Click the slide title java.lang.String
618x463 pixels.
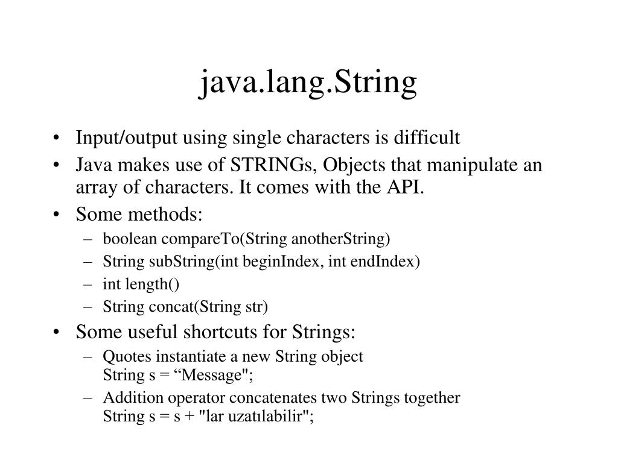point(308,84)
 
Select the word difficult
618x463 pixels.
point(427,138)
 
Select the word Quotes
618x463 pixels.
point(123,356)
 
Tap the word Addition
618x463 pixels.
point(127,398)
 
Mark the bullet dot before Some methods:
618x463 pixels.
point(56,215)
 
